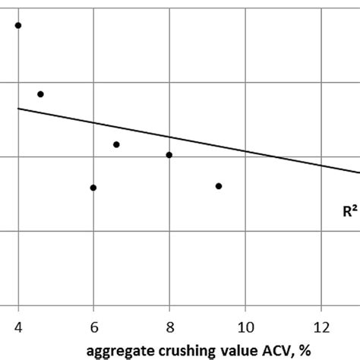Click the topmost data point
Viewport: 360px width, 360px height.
pyautogui.click(x=18, y=25)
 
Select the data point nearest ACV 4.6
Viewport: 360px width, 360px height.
pyautogui.click(x=40, y=94)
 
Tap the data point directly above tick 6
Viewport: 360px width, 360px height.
pyautogui.click(x=93, y=188)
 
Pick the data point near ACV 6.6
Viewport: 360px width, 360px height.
pyautogui.click(x=116, y=144)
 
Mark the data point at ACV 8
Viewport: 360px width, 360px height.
pyautogui.click(x=169, y=155)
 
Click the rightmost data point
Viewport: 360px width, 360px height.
pyautogui.click(x=219, y=186)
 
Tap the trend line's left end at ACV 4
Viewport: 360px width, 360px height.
pyautogui.click(x=19, y=109)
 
